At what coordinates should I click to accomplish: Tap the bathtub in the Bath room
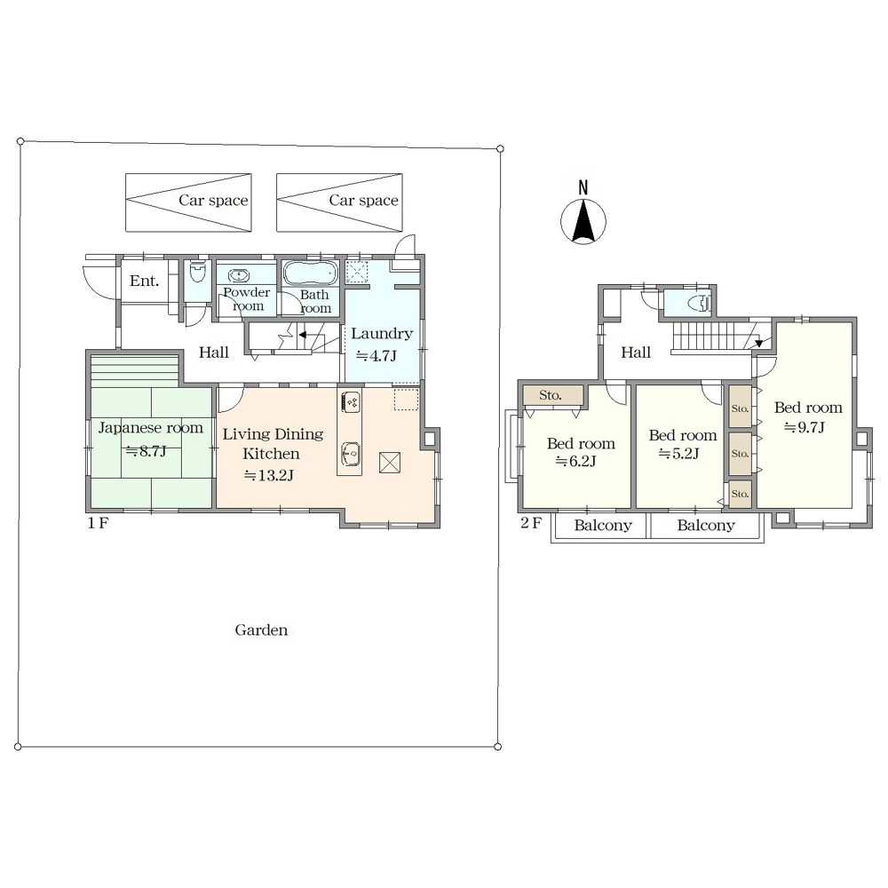pos(310,273)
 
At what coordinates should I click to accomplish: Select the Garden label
pos(261,630)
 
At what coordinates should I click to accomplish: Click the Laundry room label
pos(381,334)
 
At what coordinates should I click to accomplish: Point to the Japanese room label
pos(151,428)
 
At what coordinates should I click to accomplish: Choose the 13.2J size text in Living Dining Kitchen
pos(268,475)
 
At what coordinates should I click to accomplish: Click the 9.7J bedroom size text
pos(804,427)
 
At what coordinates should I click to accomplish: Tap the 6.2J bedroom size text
pos(575,462)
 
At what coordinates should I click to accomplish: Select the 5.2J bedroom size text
pos(678,454)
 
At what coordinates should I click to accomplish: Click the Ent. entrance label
pos(145,281)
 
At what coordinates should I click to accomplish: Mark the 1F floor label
pos(98,523)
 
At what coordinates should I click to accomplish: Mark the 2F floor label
pos(531,522)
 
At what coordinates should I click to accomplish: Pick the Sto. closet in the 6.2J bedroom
pos(552,395)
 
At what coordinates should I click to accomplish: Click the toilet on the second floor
pos(700,304)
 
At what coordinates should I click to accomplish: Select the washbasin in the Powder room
pos(239,276)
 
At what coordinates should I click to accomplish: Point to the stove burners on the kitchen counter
pos(350,402)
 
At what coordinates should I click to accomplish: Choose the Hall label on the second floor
pos(636,353)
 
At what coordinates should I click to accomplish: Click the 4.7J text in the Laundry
pos(376,356)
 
